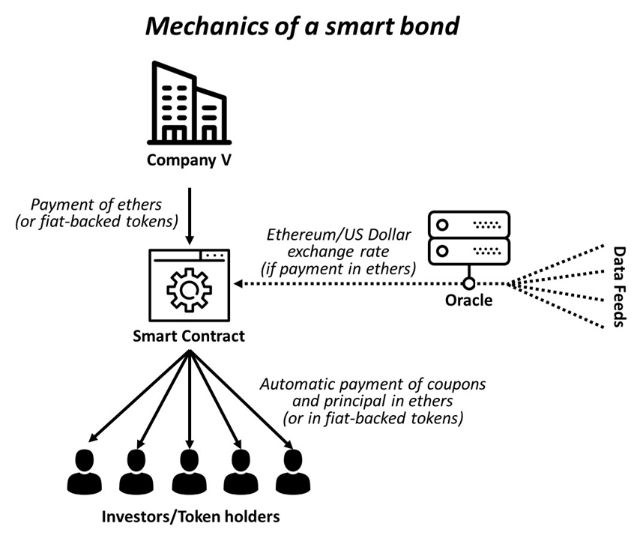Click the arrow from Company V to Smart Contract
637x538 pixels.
189,217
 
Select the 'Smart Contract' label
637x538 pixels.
189,336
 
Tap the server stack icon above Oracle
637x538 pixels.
468,235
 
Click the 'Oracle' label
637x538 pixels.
468,300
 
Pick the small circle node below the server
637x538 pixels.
469,283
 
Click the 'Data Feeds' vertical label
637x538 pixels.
620,286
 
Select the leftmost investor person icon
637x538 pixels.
83,470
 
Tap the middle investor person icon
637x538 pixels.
187,470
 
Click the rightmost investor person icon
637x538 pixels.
291,470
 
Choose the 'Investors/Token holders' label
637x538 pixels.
190,516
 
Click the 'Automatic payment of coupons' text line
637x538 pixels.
372,384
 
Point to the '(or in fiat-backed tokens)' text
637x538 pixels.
372,417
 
